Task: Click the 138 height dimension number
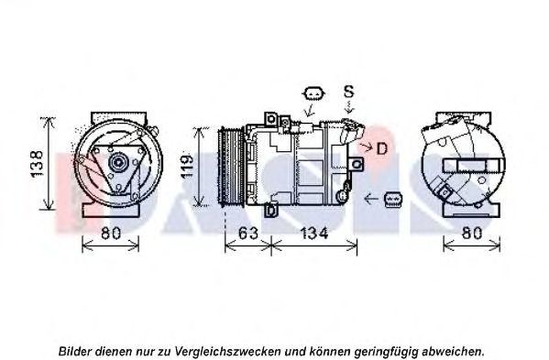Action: [x=37, y=164]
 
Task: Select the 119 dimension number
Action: [x=187, y=167]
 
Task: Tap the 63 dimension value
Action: [x=247, y=233]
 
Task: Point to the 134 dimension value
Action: [x=314, y=233]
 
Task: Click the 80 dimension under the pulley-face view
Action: [x=111, y=233]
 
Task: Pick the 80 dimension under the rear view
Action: [x=472, y=233]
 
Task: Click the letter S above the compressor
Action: [x=348, y=92]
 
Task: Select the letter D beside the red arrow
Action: [x=382, y=148]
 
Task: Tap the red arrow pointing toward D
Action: [x=367, y=147]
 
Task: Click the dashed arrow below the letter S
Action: [x=349, y=107]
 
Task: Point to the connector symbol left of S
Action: [x=313, y=93]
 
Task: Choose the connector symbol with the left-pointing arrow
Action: [x=393, y=200]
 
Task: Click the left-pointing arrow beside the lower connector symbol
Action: [x=371, y=199]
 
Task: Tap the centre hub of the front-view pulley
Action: [x=118, y=163]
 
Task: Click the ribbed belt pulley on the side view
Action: [x=231, y=168]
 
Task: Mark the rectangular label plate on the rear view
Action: [x=473, y=166]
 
